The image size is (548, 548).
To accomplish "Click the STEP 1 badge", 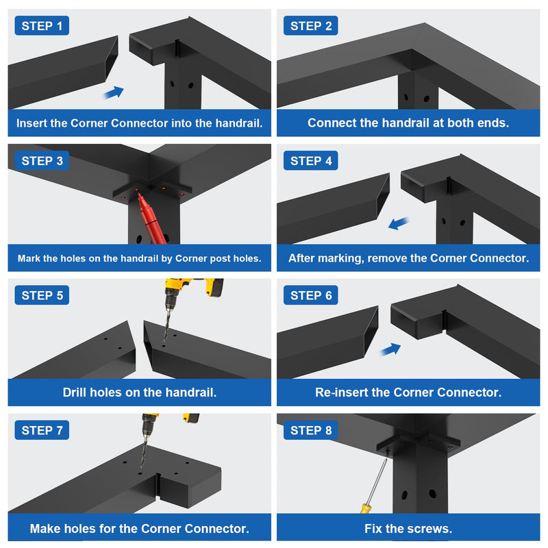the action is tap(42, 25).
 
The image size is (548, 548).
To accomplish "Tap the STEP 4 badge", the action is tap(311, 160).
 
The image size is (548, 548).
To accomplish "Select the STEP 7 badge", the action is tap(42, 430).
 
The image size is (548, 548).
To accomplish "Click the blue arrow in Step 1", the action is tap(114, 92).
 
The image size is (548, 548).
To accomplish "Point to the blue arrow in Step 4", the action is tap(399, 223).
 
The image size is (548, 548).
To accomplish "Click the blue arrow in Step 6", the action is tap(390, 349).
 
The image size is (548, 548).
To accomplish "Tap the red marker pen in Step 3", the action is tap(151, 219).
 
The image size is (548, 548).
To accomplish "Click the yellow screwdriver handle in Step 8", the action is tap(365, 508).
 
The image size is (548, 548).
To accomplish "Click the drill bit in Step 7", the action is tap(144, 452).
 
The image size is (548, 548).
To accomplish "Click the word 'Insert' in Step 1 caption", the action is tap(32, 123).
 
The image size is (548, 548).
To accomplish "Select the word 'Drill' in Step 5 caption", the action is tap(75, 392).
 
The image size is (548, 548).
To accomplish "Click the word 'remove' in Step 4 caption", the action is tap(387, 258).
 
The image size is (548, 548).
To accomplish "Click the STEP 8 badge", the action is tap(311, 430).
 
